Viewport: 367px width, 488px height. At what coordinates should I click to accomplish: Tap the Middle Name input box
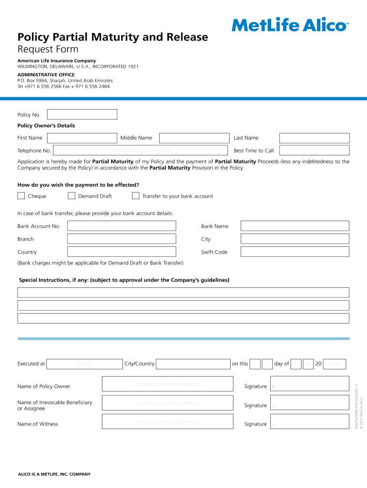[x=194, y=138]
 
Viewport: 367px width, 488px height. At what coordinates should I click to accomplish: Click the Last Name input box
[x=314, y=138]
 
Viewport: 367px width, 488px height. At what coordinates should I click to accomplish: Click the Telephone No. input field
[x=141, y=150]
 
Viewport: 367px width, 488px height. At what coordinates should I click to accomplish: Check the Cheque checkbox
[x=21, y=196]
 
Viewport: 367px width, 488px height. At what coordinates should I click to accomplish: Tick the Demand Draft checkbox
[x=71, y=196]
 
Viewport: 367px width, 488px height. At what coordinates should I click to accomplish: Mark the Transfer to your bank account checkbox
[x=135, y=196]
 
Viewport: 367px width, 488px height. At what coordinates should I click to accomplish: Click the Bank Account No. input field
[x=122, y=226]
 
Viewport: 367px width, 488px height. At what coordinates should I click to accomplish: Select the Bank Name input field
[x=295, y=226]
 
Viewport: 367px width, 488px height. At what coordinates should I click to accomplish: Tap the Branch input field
[x=122, y=239]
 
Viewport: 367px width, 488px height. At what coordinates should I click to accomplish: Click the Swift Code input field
[x=295, y=252]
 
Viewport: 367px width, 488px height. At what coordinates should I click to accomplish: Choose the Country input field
[x=122, y=252]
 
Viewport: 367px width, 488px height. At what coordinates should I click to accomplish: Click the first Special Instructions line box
[x=183, y=293]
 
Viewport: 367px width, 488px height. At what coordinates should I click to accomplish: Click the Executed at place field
[x=85, y=364]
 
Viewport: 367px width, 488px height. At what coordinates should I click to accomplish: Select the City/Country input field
[x=193, y=364]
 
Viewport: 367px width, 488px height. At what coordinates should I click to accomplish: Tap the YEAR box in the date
[x=335, y=364]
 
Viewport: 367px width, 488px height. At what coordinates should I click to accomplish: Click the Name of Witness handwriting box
[x=167, y=422]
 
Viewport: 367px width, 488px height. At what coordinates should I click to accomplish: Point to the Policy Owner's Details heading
[x=46, y=126]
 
